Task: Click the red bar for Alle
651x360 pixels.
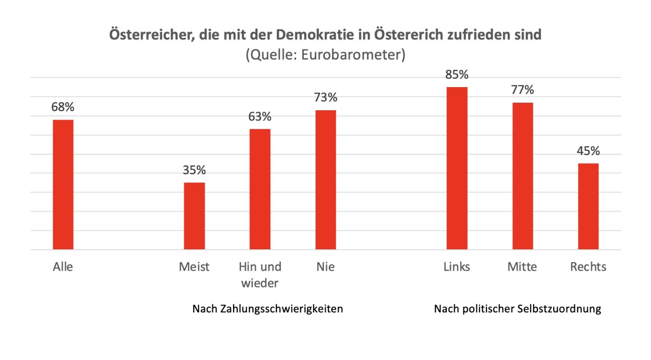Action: tap(63, 184)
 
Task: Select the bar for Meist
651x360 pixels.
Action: tap(194, 216)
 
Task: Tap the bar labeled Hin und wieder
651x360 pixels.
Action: tap(260, 189)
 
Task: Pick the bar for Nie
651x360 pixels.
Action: tap(325, 180)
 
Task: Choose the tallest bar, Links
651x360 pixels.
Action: tap(457, 168)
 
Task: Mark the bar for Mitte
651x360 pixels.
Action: tap(522, 176)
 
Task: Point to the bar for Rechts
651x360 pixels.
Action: tap(588, 207)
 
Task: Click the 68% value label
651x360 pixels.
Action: tap(63, 107)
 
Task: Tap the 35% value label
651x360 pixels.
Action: tap(194, 170)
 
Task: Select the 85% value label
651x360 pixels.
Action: tap(457, 74)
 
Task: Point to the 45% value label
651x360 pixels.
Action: tap(588, 151)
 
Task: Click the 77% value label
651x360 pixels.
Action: tap(522, 90)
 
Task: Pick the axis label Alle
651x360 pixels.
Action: tap(63, 267)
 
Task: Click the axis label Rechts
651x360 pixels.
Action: tap(588, 267)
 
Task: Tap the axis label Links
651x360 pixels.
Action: tap(457, 267)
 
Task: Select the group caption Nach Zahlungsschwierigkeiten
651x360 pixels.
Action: tap(267, 309)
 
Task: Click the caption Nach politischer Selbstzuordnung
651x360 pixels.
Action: tap(517, 309)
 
